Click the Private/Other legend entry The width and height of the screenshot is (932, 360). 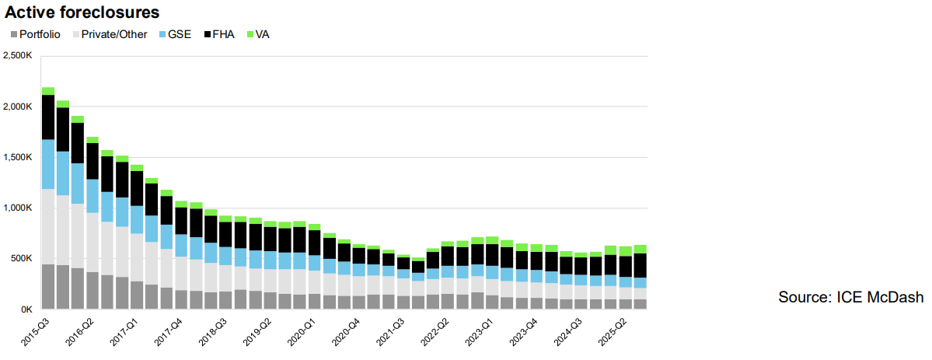pyautogui.click(x=113, y=34)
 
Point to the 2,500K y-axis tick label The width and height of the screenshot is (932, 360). pyautogui.click(x=18, y=56)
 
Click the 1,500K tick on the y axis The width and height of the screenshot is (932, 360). pyautogui.click(x=18, y=157)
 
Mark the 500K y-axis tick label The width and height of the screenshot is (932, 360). pyautogui.click(x=20, y=258)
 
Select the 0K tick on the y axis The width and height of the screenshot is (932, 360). pyautogui.click(x=25, y=309)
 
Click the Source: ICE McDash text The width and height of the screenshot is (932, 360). pyautogui.click(x=850, y=297)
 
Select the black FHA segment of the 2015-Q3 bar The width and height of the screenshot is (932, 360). pyautogui.click(x=48, y=117)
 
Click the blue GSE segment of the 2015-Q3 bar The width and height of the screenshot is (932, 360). pyautogui.click(x=48, y=164)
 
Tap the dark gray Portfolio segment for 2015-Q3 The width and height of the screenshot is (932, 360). pyautogui.click(x=48, y=287)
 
